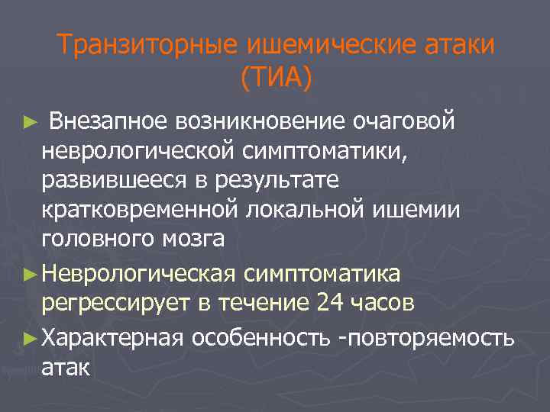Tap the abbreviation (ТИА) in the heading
(x=275, y=78)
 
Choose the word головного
(x=95, y=240)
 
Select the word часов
(x=385, y=302)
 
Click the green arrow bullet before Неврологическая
(x=28, y=273)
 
